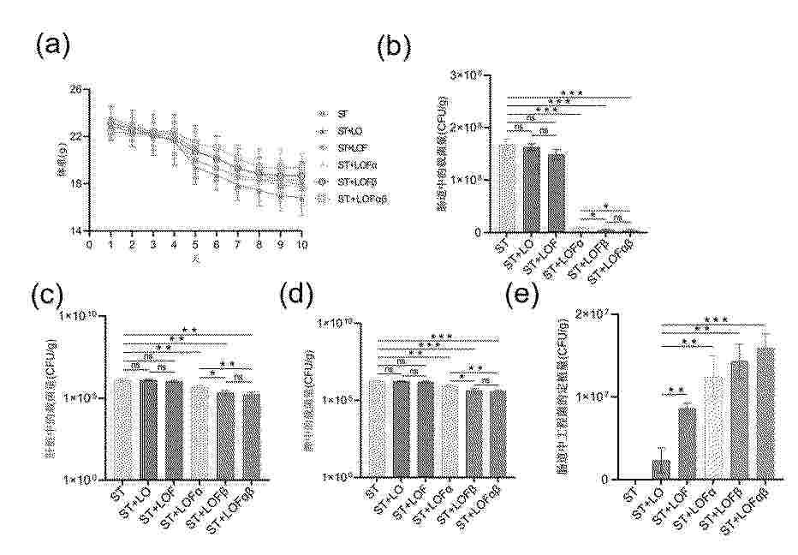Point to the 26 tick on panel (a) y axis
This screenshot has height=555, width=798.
point(76,90)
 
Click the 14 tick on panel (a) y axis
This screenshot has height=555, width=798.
point(76,231)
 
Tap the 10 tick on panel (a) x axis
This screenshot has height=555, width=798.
point(301,244)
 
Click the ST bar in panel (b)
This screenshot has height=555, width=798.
point(507,188)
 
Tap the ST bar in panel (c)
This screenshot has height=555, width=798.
point(124,428)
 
